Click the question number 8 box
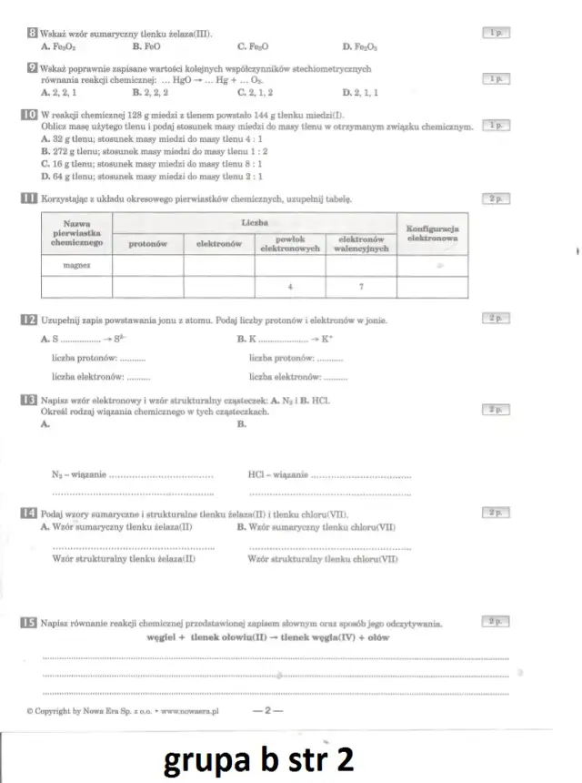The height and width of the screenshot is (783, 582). [x=33, y=33]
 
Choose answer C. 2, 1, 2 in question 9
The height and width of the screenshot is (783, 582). [x=256, y=93]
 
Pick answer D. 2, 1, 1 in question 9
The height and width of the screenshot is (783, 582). [x=361, y=93]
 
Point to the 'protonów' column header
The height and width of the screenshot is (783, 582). [x=147, y=244]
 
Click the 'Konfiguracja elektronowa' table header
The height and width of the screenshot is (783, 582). [x=432, y=232]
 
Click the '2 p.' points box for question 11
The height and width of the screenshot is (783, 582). [x=496, y=198]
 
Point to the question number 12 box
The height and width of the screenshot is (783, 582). [x=28, y=320]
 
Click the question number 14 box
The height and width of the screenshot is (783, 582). [x=28, y=514]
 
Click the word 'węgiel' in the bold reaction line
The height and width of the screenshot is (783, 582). [x=164, y=638]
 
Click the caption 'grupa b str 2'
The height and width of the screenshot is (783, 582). [x=258, y=758]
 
